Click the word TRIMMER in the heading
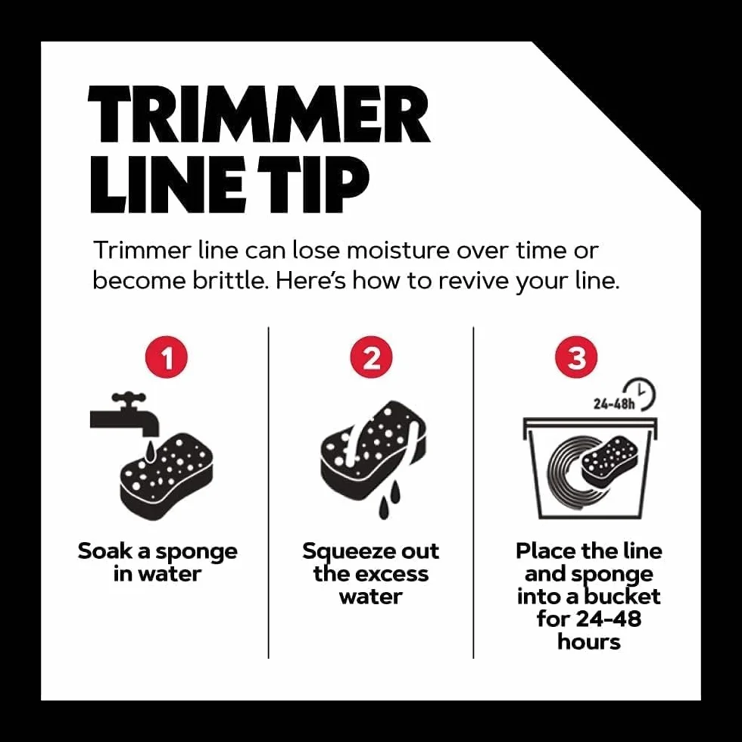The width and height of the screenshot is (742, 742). [259, 114]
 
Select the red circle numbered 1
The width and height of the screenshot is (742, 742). [167, 357]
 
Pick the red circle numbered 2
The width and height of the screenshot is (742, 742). [372, 357]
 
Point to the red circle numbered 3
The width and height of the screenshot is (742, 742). [576, 357]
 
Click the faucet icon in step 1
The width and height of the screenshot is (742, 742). [126, 415]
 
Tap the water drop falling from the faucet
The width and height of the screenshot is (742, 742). [150, 451]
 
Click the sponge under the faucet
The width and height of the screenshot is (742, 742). [167, 477]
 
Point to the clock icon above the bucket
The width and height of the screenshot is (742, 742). [640, 394]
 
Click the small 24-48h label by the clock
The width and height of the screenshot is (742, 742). [614, 404]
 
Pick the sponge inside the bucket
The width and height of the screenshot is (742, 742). [608, 459]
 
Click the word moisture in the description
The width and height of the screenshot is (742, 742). [398, 251]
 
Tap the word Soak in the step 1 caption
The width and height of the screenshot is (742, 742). [105, 551]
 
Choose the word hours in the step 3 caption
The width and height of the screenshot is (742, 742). [589, 642]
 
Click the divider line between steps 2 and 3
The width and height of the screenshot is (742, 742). [473, 492]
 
